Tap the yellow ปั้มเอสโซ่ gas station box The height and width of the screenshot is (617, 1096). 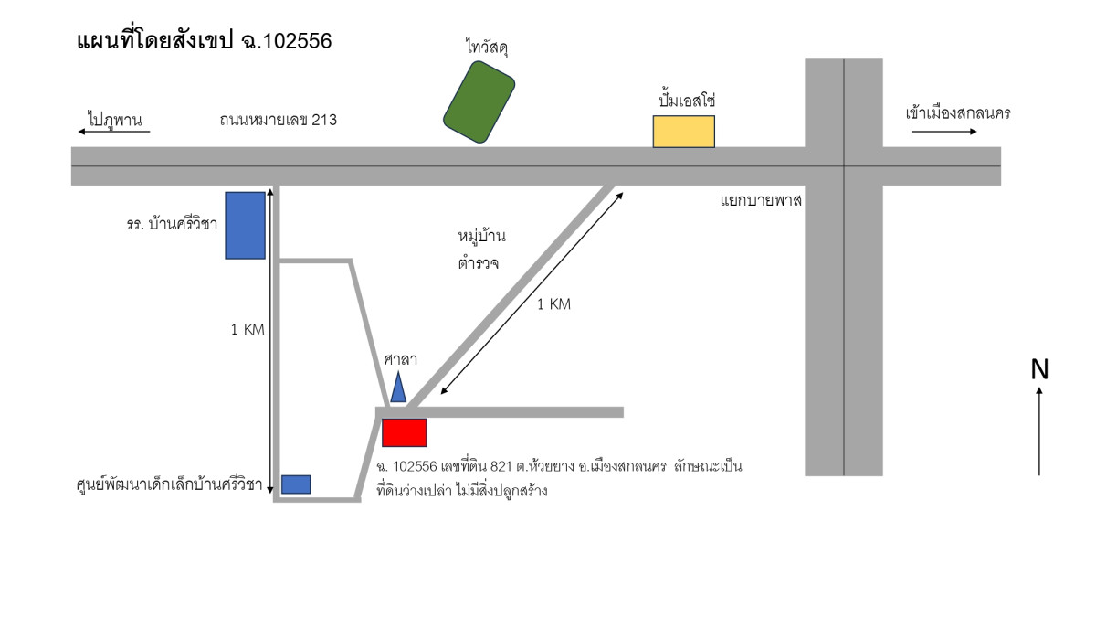click(683, 132)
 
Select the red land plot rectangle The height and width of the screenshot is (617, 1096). click(405, 432)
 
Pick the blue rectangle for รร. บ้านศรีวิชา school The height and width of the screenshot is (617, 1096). click(245, 225)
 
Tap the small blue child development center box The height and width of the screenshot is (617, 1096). click(296, 484)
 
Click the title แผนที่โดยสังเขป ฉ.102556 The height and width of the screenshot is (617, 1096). click(204, 41)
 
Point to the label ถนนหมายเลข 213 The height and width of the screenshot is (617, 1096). click(278, 119)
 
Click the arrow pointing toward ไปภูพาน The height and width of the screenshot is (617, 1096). click(113, 133)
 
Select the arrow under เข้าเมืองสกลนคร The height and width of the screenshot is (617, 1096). click(943, 133)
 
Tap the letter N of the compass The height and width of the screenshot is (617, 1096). click(1039, 369)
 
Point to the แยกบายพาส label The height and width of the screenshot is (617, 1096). click(761, 200)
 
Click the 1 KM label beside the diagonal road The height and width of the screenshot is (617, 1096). click(553, 304)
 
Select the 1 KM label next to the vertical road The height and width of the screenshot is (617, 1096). click(248, 330)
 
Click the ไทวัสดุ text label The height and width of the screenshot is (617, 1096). click(485, 48)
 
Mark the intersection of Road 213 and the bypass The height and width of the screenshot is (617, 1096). click(844, 166)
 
